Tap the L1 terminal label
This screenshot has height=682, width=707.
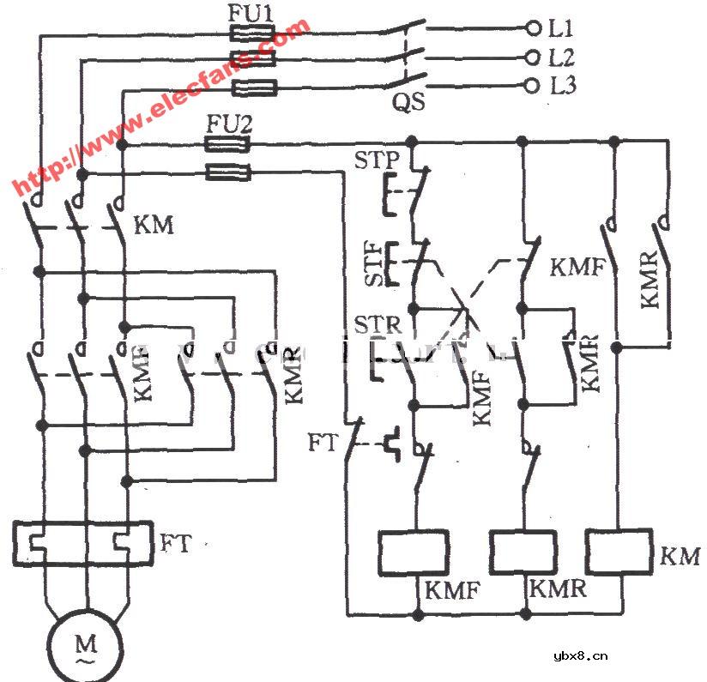click(x=561, y=28)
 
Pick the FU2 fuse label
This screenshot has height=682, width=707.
click(x=228, y=125)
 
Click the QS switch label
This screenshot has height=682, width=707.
click(x=408, y=104)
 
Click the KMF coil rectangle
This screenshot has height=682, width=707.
click(x=414, y=552)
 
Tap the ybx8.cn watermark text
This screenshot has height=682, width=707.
click(x=581, y=656)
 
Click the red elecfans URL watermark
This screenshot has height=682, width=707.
click(x=159, y=107)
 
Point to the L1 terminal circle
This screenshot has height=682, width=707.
click(x=534, y=28)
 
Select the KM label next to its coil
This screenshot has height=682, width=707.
click(x=680, y=557)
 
